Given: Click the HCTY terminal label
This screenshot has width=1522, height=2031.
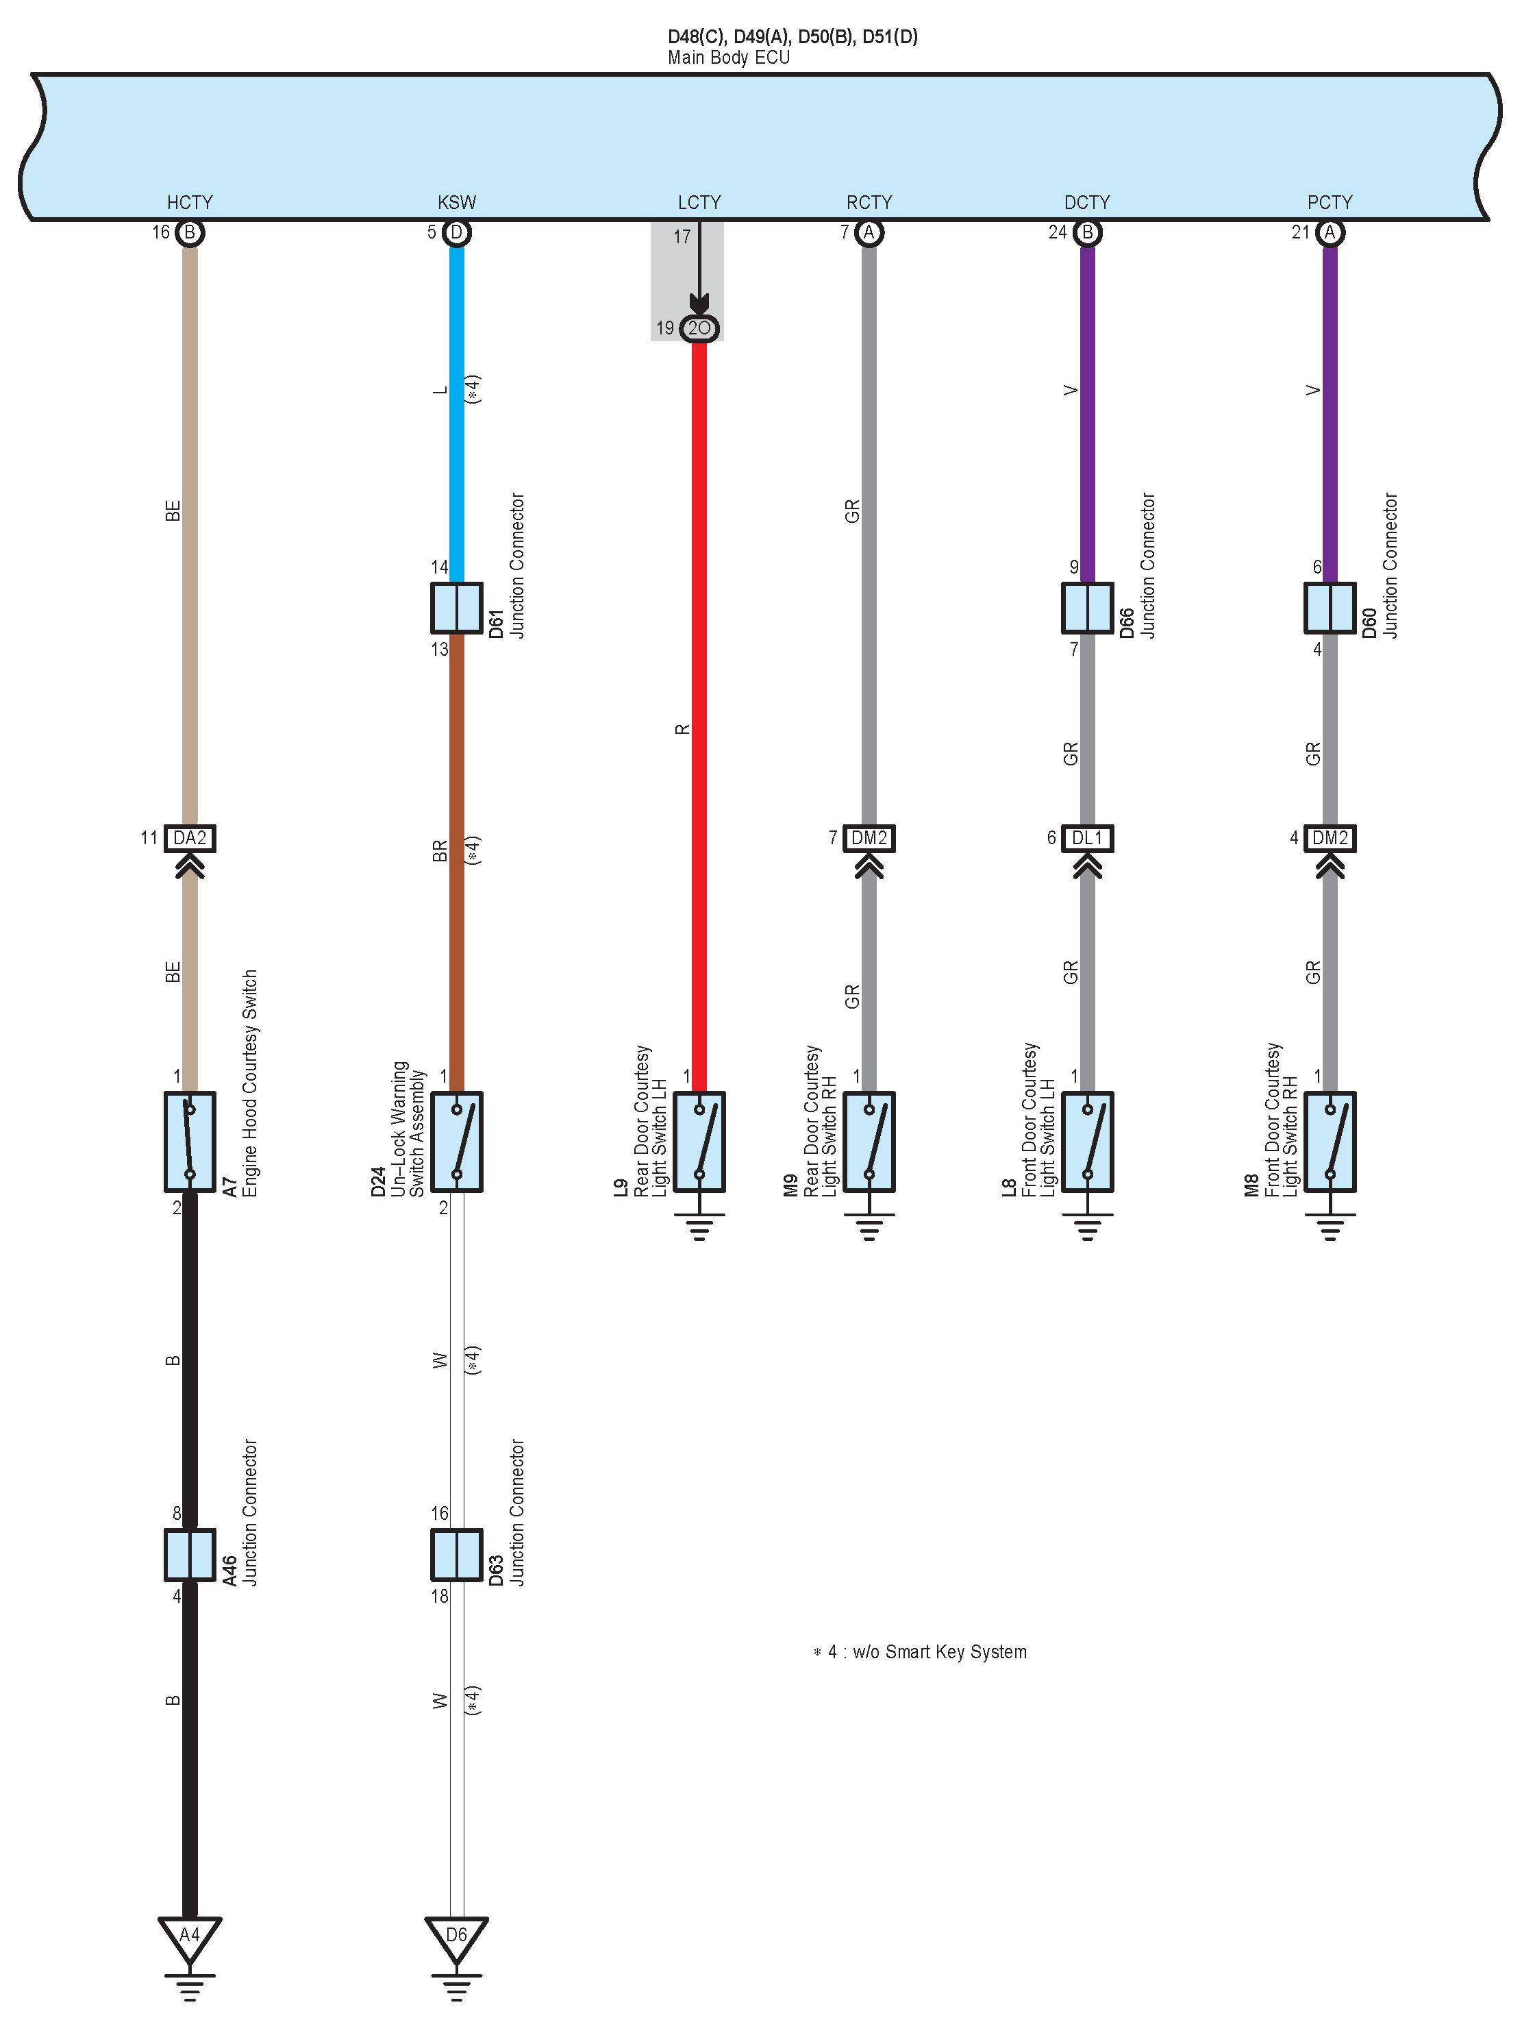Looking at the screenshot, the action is (189, 202).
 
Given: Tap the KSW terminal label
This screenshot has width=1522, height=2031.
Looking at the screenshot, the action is (456, 202).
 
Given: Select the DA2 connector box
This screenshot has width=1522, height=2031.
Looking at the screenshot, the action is (189, 837).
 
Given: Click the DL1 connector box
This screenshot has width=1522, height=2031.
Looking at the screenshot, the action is (1087, 837).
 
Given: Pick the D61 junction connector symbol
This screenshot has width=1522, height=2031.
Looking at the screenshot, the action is (456, 608).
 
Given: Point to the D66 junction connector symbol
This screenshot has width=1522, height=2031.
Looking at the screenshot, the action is (1087, 608).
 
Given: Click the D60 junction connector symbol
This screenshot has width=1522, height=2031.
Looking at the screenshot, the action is (1330, 608).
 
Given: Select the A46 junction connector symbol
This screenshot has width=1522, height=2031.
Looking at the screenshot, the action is (189, 1555).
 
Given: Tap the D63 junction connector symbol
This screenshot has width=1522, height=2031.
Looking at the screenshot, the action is (456, 1555).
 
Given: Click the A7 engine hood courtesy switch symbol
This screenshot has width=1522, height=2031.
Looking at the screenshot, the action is (189, 1142).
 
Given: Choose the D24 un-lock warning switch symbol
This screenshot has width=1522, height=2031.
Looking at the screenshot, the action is (456, 1142).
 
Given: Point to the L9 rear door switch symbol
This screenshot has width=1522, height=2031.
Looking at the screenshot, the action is (699, 1142).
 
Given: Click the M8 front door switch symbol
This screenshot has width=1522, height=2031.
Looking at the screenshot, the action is (1330, 1142).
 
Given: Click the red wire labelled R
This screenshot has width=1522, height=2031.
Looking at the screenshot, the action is (699, 716).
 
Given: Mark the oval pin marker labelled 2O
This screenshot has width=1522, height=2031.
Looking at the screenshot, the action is (699, 328).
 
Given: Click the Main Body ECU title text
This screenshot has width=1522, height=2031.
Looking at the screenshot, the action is (728, 58).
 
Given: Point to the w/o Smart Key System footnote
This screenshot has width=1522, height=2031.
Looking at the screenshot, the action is (920, 1652).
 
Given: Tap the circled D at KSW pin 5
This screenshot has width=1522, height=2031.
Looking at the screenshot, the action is (456, 232).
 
